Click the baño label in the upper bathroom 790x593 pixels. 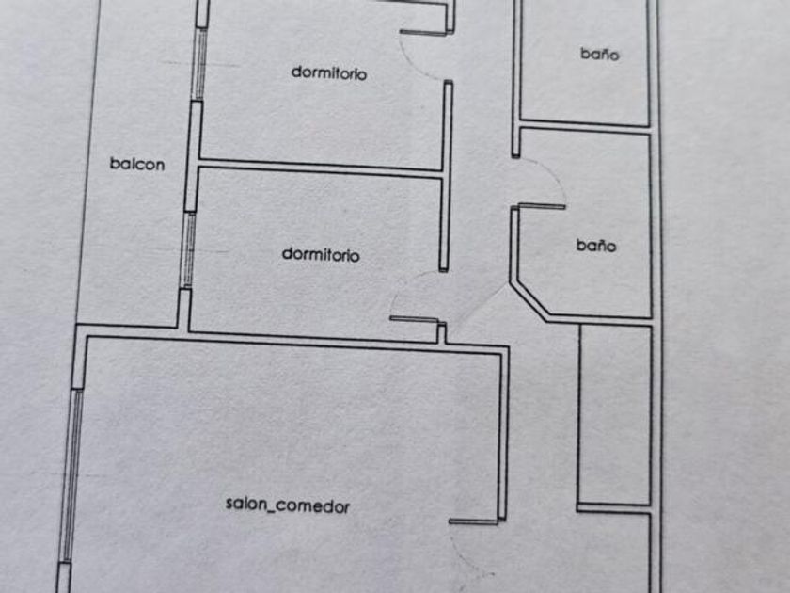pos(600,55)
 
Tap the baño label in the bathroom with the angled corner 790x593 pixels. pos(596,247)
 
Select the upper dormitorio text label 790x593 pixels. pos(328,72)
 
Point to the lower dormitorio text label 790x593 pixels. pos(321,255)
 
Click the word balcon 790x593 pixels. pos(137,164)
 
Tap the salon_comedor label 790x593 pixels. pos(288,505)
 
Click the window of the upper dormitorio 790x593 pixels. pos(197,64)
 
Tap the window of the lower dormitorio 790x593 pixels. pos(188,249)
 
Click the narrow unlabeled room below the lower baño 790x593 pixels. pos(614,414)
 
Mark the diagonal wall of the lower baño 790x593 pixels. pos(529,300)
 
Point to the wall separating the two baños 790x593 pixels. pos(583,125)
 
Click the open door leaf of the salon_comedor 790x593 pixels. pos(473,521)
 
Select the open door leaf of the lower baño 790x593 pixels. pos(541,206)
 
